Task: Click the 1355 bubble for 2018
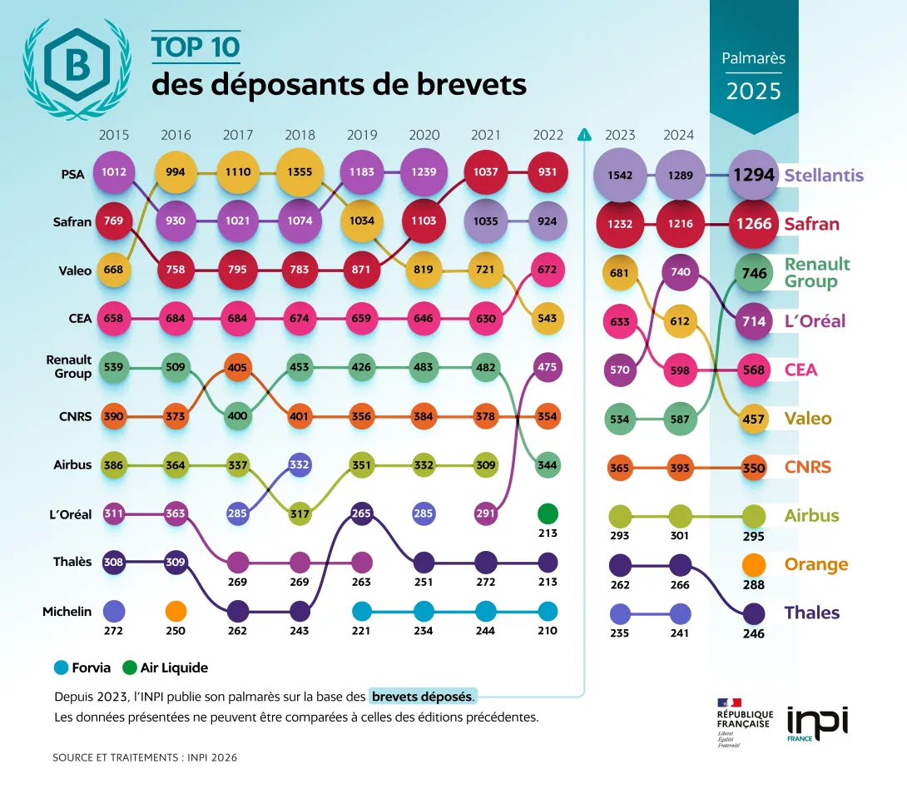[x=300, y=172]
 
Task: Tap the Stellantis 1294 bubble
[x=754, y=176]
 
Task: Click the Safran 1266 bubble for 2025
[x=754, y=224]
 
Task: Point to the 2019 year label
[x=362, y=135]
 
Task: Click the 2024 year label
[x=679, y=135]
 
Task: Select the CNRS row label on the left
[x=76, y=416]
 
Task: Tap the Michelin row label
[x=67, y=612]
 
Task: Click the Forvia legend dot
[x=61, y=667]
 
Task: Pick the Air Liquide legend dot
[x=129, y=667]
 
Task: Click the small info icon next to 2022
[x=584, y=135]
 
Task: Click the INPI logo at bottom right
[x=817, y=723]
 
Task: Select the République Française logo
[x=744, y=722]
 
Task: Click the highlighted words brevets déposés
[x=424, y=696]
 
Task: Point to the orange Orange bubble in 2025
[x=754, y=565]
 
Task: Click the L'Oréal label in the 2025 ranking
[x=815, y=321]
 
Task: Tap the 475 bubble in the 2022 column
[x=548, y=368]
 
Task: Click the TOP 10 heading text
[x=196, y=47]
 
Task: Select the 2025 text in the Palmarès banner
[x=754, y=91]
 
